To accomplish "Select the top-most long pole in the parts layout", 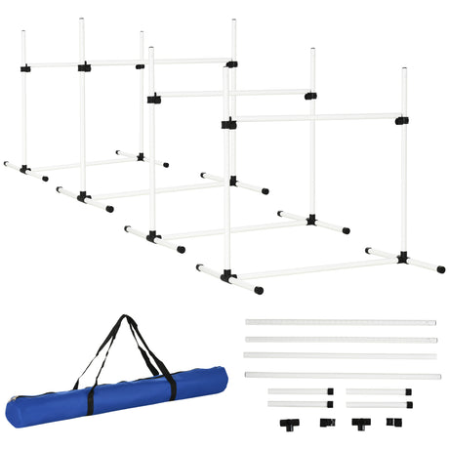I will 339,322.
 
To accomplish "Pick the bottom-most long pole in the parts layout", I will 339,374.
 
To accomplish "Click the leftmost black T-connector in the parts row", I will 290,425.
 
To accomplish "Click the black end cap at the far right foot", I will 441,268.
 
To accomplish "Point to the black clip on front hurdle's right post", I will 401,120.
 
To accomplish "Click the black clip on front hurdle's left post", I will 227,124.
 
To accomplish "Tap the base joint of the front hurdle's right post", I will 402,258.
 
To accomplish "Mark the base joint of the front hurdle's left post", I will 228,277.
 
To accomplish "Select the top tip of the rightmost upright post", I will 403,69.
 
